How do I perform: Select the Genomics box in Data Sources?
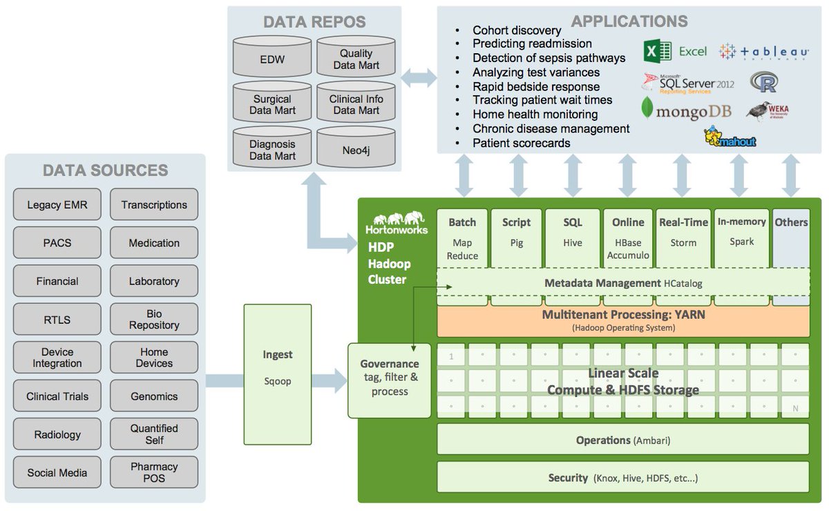pyautogui.click(x=154, y=396)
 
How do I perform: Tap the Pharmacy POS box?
pyautogui.click(x=154, y=472)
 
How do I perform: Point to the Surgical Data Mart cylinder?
pyautogui.click(x=272, y=105)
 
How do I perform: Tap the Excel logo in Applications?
pyautogui.click(x=675, y=51)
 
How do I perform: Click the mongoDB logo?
pyautogui.click(x=684, y=110)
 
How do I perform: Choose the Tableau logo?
pyautogui.click(x=764, y=52)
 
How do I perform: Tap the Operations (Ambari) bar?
pyautogui.click(x=622, y=440)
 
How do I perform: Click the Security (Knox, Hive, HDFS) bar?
pyautogui.click(x=622, y=478)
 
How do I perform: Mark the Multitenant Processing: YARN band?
pyautogui.click(x=622, y=321)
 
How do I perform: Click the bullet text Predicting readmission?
pyautogui.click(x=532, y=44)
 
